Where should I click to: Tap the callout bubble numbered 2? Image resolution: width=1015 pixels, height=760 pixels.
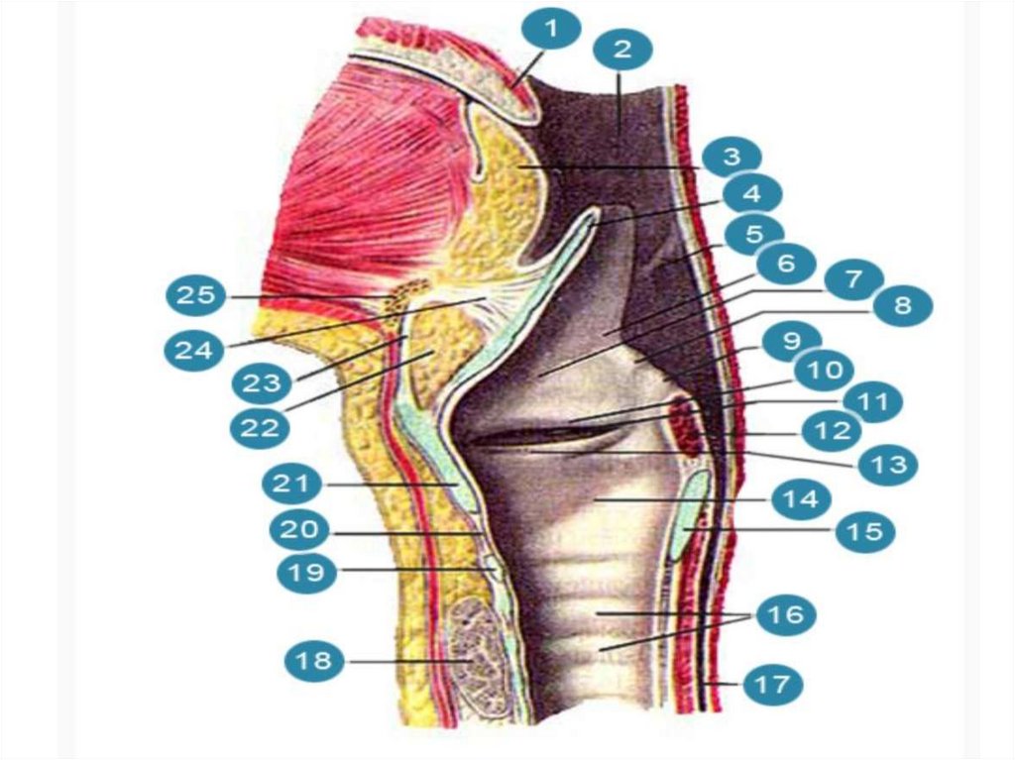click(620, 48)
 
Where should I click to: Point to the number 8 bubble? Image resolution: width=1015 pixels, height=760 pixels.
click(900, 305)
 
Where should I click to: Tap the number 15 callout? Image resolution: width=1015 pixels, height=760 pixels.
click(863, 532)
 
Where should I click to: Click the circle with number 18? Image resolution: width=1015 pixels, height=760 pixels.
click(315, 660)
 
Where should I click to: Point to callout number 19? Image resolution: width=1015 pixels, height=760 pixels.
click(307, 572)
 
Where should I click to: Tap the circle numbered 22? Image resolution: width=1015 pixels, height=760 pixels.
click(262, 427)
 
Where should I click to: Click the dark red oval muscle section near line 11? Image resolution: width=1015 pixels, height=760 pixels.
click(683, 419)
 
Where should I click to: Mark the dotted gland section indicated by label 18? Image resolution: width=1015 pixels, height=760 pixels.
click(473, 654)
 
